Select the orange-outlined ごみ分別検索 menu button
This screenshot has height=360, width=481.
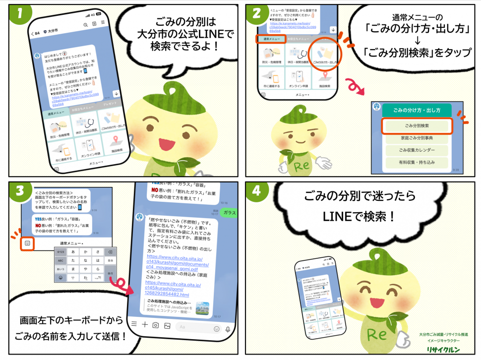pyautogui.click(x=417, y=126)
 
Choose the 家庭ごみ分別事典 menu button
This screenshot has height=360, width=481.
pyautogui.click(x=417, y=138)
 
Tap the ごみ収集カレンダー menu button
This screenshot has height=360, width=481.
pyautogui.click(x=417, y=150)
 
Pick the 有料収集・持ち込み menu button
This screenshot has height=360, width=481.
pyautogui.click(x=417, y=162)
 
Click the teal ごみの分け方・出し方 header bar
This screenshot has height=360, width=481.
pyautogui.click(x=417, y=110)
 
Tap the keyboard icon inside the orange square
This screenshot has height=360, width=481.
pyautogui.click(x=27, y=243)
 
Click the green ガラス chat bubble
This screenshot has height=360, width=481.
pyautogui.click(x=230, y=212)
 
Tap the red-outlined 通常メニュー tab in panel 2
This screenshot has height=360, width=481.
pyautogui.click(x=271, y=39)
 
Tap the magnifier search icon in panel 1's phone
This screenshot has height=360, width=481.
pyautogui.click(x=85, y=24)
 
